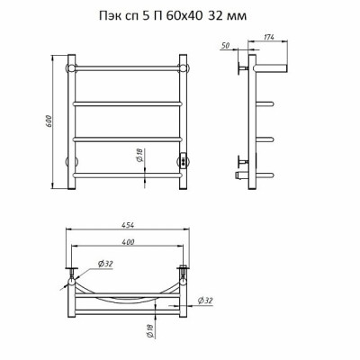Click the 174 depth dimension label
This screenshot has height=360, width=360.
pyautogui.click(x=268, y=37)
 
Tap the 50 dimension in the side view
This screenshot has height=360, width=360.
pyautogui.click(x=225, y=45)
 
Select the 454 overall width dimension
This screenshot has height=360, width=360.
pyautogui.click(x=128, y=225)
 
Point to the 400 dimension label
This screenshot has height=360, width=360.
pyautogui.click(x=128, y=242)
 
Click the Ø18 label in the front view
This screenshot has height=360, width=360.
pyautogui.click(x=139, y=156)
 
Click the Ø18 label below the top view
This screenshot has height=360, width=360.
pyautogui.click(x=150, y=331)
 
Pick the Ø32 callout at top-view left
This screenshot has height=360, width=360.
pyautogui.click(x=105, y=264)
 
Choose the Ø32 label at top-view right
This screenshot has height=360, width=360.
pyautogui.click(x=206, y=300)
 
